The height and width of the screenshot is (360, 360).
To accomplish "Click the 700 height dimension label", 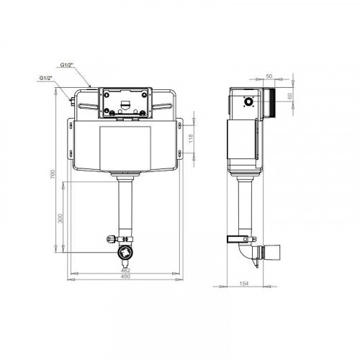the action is click(x=53, y=174).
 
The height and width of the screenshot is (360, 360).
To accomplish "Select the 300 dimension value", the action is click(x=60, y=218).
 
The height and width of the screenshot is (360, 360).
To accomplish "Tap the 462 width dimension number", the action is click(x=125, y=270).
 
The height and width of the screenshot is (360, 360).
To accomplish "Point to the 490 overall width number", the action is click(x=125, y=276).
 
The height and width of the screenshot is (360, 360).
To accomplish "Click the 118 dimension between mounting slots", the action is click(x=191, y=139).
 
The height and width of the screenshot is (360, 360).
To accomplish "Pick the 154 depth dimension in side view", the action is click(x=244, y=284).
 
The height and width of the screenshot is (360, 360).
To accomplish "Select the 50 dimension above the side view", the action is click(x=269, y=76).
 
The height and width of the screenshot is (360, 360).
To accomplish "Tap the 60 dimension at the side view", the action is click(x=289, y=96).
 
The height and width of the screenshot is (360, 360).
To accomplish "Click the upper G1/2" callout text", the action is click(x=66, y=65).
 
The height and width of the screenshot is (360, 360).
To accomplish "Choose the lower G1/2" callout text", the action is click(x=46, y=78).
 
